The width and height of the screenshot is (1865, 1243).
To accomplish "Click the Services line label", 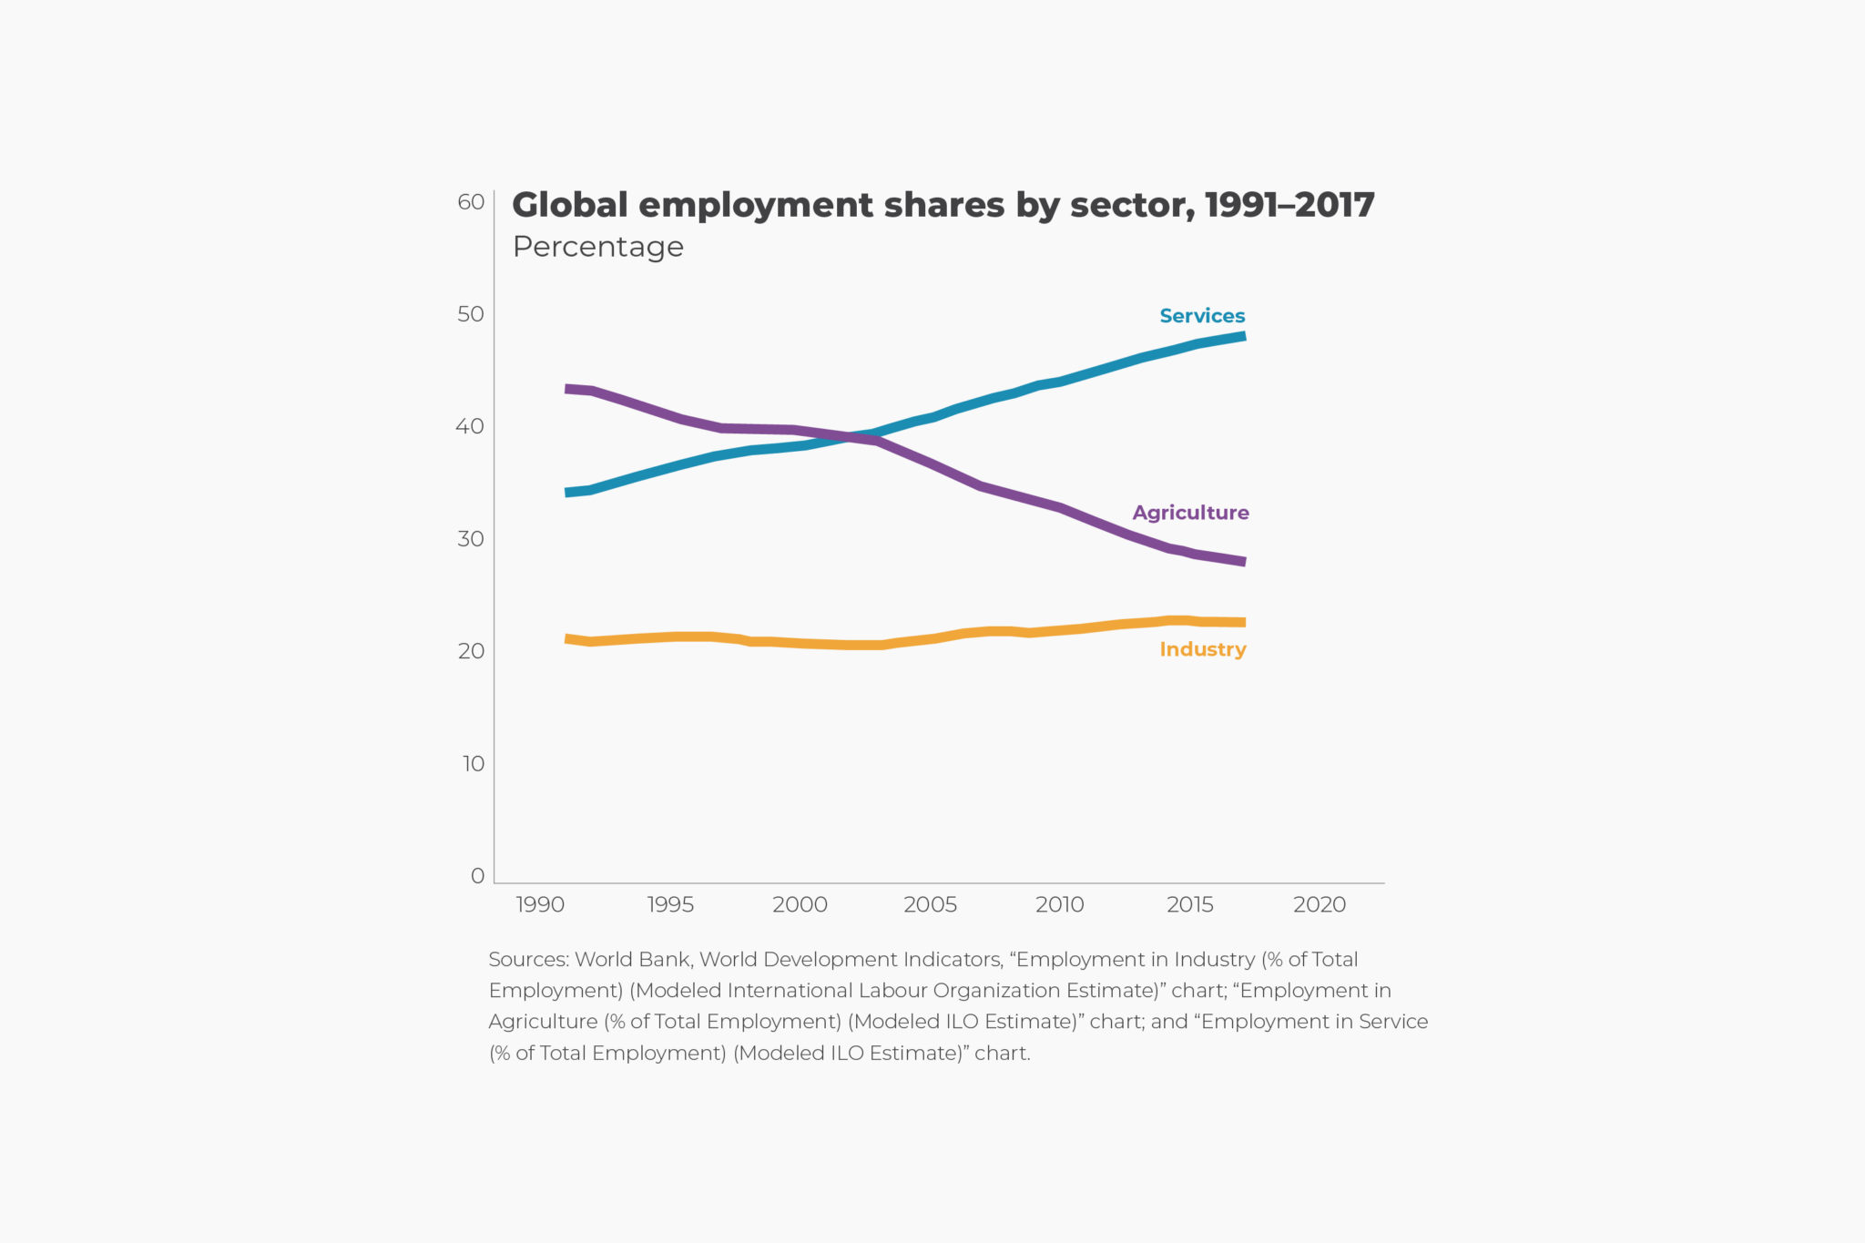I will pos(1201,316).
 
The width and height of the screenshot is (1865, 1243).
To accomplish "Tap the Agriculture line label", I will pos(1190,513).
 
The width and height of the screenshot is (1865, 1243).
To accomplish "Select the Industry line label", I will pos(1202,649).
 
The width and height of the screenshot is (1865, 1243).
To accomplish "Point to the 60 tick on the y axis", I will pos(471,202).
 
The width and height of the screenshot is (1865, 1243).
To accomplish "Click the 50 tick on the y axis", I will pos(471,314).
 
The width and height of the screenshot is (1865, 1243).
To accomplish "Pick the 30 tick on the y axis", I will pos(471,539).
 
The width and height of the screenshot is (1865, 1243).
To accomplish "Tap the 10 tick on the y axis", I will pos(473,764).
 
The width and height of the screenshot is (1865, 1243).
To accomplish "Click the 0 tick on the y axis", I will pos(477,876).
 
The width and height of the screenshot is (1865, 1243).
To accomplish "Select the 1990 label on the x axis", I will pos(540,904).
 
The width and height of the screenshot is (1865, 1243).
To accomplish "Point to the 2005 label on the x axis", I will pos(930,904).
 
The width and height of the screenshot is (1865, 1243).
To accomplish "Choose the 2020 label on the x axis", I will pos(1320,904).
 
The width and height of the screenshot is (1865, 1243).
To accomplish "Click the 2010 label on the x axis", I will pos(1060,904).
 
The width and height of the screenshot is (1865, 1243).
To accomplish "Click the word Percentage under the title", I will pos(597,247).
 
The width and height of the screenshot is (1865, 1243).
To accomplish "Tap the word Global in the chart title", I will pos(570,205).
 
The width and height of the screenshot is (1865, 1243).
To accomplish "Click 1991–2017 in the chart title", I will pos(1289,205).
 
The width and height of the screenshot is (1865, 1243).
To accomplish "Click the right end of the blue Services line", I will pos(1243,336).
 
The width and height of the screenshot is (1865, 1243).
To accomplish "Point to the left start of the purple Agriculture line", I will pos(568,389).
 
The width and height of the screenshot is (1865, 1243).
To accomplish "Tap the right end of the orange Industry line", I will pos(1243,623).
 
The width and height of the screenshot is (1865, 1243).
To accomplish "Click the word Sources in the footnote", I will pos(528,960).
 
